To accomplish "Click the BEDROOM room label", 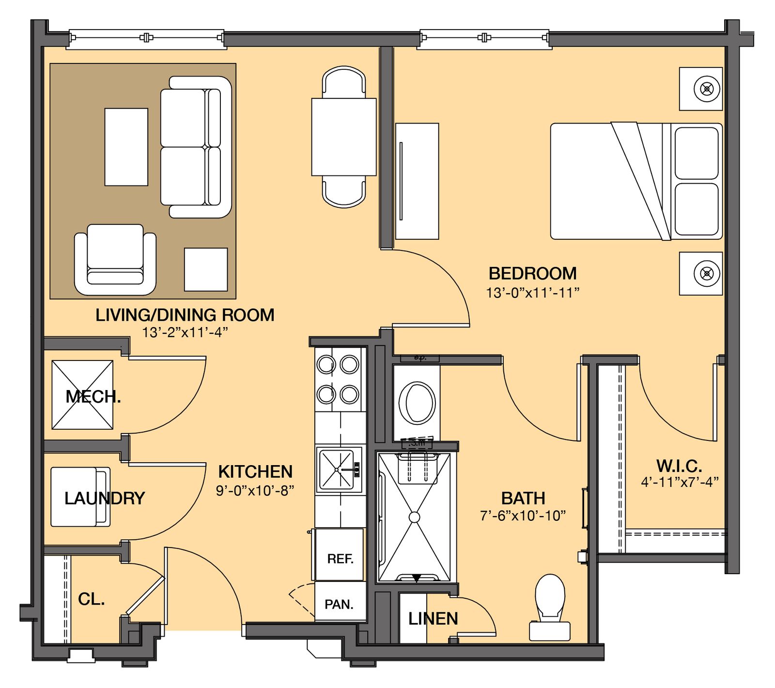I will pos(532,274).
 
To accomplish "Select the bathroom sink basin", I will pos(416,403).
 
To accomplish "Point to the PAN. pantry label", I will pos(339,605).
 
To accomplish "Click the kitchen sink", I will pos(338,469).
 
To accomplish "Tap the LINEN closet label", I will pos(433,619).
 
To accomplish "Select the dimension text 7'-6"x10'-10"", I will pos(523,516).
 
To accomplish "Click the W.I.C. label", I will pos(679,466).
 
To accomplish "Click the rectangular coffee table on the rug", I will pos(126,147).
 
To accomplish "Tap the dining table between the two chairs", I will pos(344,137).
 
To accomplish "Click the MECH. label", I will pos(93,397).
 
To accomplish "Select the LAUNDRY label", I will pos(105,498).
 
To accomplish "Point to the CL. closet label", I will pos(91,599).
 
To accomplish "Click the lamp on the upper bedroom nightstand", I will pos(707,89).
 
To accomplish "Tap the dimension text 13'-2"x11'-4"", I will pos(185,332).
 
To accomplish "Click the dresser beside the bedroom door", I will pos(417,181).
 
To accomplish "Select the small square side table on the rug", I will pos(206,269).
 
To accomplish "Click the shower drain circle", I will pos(414,517).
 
